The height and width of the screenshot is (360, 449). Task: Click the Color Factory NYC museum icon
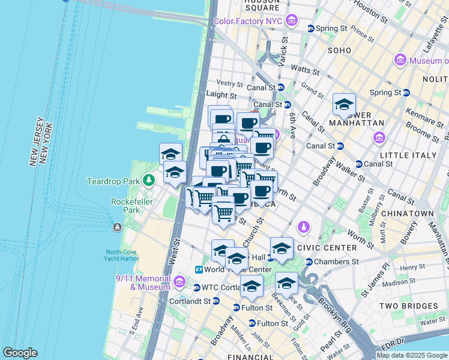coord(291,22)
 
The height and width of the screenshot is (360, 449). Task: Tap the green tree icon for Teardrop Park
coord(149,181)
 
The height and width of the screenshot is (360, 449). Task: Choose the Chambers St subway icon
coord(309,262)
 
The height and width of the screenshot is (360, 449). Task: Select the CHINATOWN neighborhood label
coord(411,214)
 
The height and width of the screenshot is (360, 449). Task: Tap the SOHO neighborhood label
coord(339,50)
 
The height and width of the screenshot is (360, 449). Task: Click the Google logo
coord(20,353)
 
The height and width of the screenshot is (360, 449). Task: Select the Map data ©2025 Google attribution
coord(411,355)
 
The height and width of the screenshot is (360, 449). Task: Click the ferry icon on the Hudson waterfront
coord(116,227)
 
